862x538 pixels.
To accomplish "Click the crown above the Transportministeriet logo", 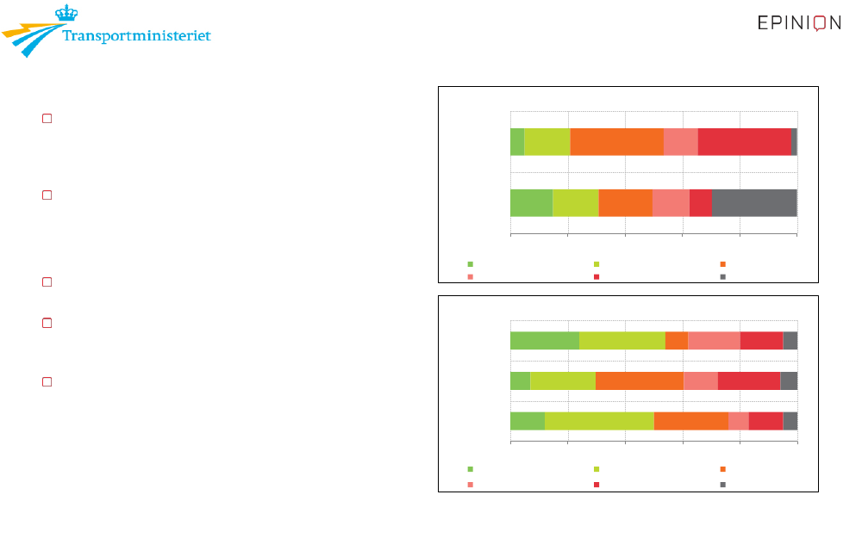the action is pos(66,13).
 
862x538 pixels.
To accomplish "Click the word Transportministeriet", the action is pos(136,35).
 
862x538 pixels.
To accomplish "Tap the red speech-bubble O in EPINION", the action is pos(820,23).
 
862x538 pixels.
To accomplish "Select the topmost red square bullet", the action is pos(47,119).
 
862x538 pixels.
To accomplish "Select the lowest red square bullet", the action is pos(47,381).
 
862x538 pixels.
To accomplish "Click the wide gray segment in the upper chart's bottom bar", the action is pos(754,203).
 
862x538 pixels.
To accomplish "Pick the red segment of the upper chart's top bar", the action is pos(745,142).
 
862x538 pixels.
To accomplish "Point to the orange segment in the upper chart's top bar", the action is pos(617,142).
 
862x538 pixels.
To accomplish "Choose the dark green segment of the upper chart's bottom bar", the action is pos(532,203).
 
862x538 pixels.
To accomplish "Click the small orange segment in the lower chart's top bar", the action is pos(677,340).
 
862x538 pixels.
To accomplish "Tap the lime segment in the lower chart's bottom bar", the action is pos(599,421).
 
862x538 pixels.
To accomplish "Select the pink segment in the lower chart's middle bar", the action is pos(701,381).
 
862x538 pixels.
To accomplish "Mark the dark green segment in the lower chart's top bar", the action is pos(545,340).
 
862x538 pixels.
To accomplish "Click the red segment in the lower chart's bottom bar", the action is pos(765,421).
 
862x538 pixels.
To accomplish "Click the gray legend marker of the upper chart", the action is pos(723,276).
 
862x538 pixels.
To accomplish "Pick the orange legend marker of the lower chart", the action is pos(723,469).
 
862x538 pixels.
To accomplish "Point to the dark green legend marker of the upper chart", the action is pos(470,264).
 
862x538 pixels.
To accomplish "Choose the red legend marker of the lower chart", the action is pos(597,485).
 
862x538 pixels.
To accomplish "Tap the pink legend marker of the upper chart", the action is pos(470,276).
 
